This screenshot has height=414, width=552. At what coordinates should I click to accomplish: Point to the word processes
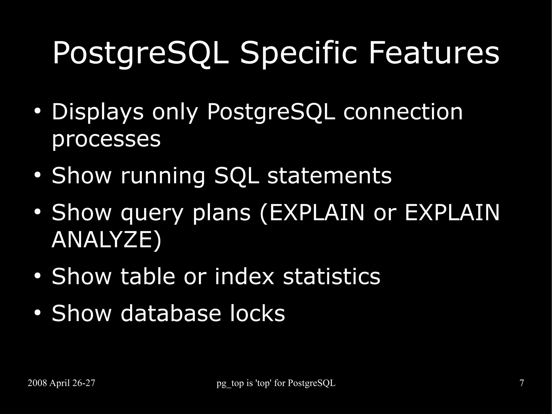point(106,140)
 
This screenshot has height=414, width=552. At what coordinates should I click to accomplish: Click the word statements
point(329,176)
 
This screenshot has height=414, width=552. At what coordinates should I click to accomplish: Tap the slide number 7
point(522,383)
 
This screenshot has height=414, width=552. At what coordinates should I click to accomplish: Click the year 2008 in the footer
point(37,383)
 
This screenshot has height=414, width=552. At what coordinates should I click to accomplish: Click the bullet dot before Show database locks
point(37,313)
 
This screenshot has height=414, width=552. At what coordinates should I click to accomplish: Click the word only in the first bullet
point(175,112)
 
